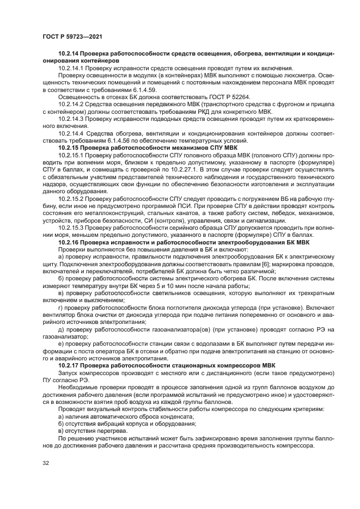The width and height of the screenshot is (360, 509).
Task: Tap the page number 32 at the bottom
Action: [46, 463]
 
